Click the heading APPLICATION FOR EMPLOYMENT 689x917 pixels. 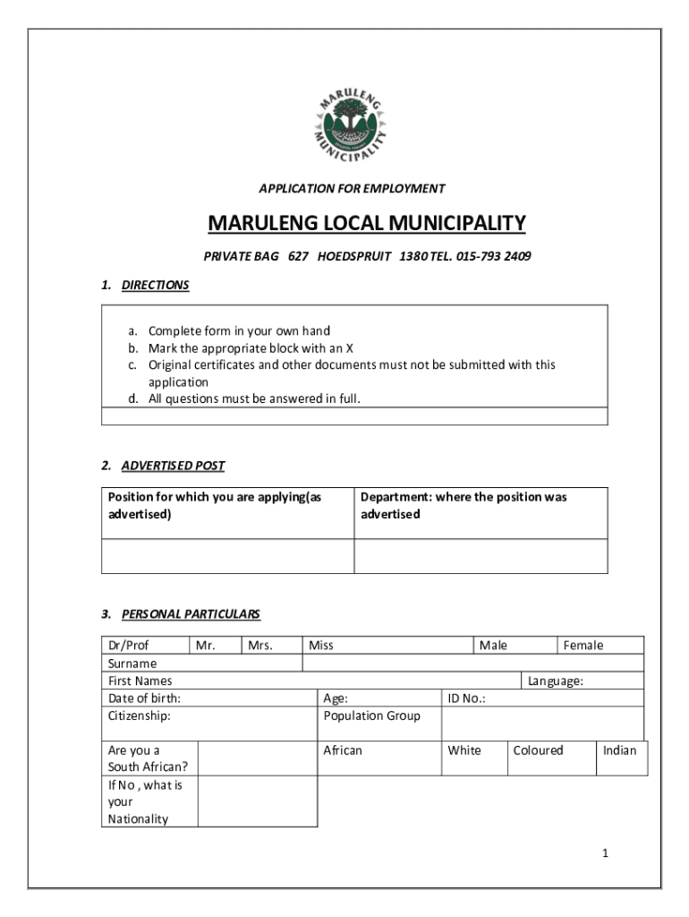[x=352, y=189]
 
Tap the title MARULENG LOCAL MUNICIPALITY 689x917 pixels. [x=367, y=223]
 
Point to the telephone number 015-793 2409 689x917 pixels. [x=493, y=257]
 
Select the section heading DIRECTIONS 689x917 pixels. [x=155, y=286]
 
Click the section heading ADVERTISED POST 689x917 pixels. [x=173, y=466]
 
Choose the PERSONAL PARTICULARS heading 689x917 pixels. [x=191, y=614]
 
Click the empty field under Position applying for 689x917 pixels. [x=228, y=556]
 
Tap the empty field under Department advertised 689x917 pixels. [x=481, y=556]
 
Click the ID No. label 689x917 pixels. [x=465, y=698]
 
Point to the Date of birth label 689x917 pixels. [x=144, y=698]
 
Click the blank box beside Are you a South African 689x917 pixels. [x=257, y=758]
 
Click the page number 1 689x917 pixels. [x=605, y=853]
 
